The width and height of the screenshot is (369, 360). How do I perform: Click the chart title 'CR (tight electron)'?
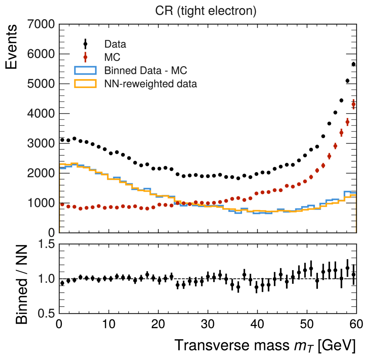(x=206, y=11)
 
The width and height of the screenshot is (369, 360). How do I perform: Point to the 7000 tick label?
(x=41, y=25)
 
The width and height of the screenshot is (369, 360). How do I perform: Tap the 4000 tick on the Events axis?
(x=41, y=114)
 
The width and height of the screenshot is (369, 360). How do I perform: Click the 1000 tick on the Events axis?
(x=41, y=203)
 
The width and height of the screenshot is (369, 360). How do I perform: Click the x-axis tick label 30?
(x=208, y=326)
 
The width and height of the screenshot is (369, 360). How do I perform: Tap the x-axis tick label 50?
(x=307, y=326)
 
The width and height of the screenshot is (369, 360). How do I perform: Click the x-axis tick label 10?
(x=108, y=326)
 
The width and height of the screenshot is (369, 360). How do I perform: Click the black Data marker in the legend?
(x=85, y=44)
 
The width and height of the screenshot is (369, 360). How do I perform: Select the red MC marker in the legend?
(x=85, y=57)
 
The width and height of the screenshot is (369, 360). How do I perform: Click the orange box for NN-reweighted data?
(x=85, y=84)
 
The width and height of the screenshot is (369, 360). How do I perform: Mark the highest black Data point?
(x=353, y=64)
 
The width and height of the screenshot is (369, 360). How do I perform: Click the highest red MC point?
(x=353, y=105)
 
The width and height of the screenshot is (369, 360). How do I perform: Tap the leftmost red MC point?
(x=62, y=204)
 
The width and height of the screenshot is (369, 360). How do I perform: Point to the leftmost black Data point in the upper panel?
(x=62, y=140)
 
